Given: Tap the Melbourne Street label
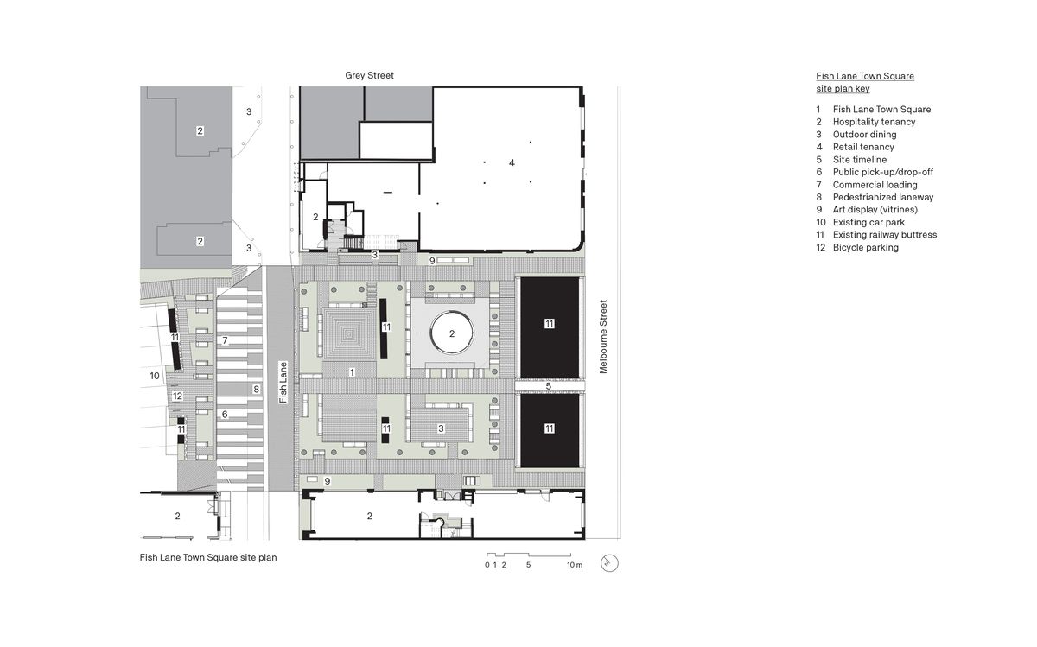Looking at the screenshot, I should click(x=604, y=337).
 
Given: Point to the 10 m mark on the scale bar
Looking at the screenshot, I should click(x=575, y=565).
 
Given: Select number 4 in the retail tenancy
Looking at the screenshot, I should click(x=512, y=162).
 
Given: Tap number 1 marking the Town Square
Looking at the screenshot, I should click(x=352, y=372).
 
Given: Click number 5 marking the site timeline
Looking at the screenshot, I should click(x=548, y=385).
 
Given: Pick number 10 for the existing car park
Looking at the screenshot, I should click(x=155, y=376).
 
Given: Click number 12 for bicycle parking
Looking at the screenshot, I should click(x=177, y=396).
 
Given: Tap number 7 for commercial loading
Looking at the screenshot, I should click(x=225, y=340).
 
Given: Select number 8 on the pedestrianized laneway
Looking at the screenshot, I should click(x=256, y=389).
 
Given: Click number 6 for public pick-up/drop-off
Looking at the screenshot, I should click(x=225, y=415).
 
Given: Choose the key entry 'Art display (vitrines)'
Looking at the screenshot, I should click(x=875, y=210).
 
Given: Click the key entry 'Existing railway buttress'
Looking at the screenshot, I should click(x=884, y=235).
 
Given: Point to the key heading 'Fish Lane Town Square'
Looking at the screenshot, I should click(x=865, y=76).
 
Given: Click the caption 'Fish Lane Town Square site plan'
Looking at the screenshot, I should click(x=208, y=558).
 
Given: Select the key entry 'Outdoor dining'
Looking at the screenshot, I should click(x=864, y=135).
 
